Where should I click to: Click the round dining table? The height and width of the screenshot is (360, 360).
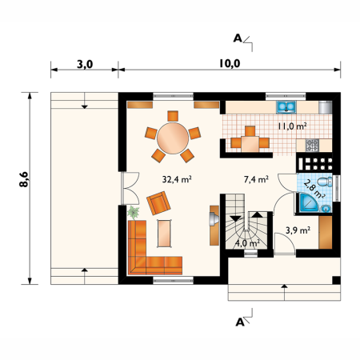pyautogui.click(x=173, y=138)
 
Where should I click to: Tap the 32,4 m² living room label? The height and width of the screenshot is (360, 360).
pyautogui.click(x=177, y=179)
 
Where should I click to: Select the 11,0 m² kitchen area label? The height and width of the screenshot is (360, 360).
pyautogui.click(x=292, y=126)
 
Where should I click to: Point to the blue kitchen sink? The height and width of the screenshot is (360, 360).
pyautogui.click(x=286, y=107)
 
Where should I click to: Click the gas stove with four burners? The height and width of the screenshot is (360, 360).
pyautogui.click(x=312, y=145)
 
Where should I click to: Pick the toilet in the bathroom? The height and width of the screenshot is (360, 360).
pyautogui.click(x=326, y=182)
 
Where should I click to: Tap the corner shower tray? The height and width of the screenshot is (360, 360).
pyautogui.click(x=309, y=203)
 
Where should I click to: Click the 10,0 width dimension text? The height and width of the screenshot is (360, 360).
pyautogui.click(x=230, y=63)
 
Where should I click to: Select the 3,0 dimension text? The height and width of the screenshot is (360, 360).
pyautogui.click(x=85, y=64)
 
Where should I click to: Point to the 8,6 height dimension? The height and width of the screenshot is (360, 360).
pyautogui.click(x=24, y=179)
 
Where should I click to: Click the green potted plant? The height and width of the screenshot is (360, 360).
pyautogui.click(x=133, y=213)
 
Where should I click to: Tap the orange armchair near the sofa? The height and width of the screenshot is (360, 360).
pyautogui.click(x=158, y=203)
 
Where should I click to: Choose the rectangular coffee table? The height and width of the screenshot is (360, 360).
pyautogui.click(x=164, y=234)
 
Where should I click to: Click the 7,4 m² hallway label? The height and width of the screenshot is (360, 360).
pyautogui.click(x=256, y=179)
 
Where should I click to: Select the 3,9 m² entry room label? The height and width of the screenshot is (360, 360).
pyautogui.click(x=298, y=230)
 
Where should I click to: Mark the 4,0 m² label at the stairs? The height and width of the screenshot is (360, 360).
pyautogui.click(x=248, y=243)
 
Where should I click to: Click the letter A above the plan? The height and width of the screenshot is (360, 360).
pyautogui.click(x=238, y=38)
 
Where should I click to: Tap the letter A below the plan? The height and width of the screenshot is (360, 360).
pyautogui.click(x=240, y=322)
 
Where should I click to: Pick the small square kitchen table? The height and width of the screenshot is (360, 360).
pyautogui.click(x=250, y=144)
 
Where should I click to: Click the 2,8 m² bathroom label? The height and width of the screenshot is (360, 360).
pyautogui.click(x=314, y=189)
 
